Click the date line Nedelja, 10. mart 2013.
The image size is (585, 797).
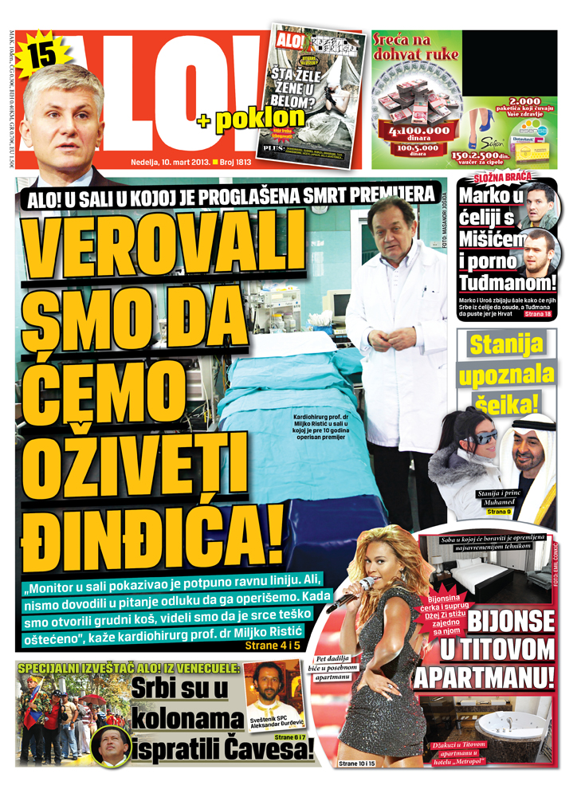click(169, 162)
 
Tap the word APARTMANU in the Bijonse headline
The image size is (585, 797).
click(484, 677)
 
